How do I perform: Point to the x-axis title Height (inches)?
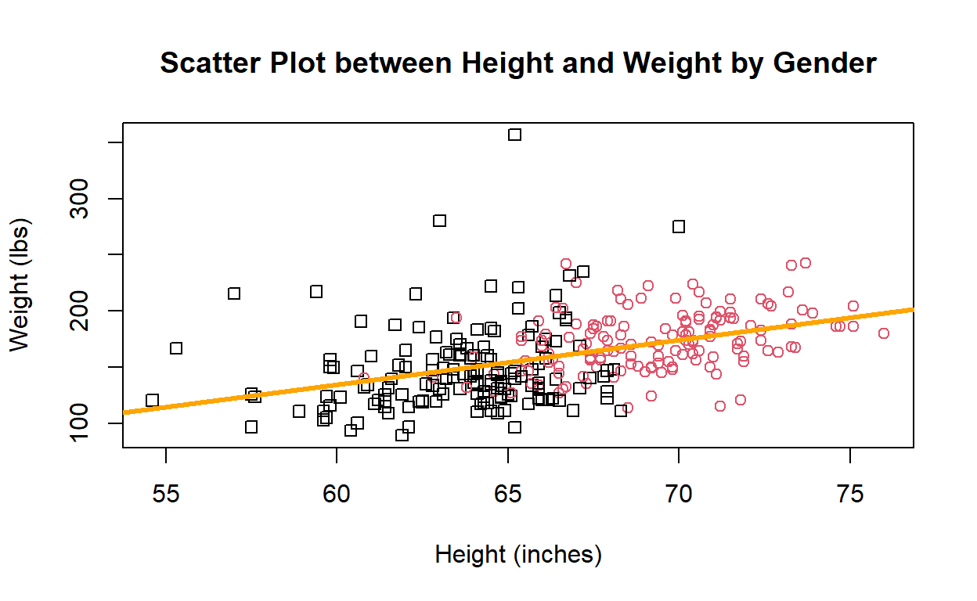pyautogui.click(x=518, y=554)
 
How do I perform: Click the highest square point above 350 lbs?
pyautogui.click(x=514, y=135)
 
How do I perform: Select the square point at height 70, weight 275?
pyautogui.click(x=679, y=226)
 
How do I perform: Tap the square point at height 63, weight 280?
pyautogui.click(x=439, y=221)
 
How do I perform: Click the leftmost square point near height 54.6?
pyautogui.click(x=152, y=400)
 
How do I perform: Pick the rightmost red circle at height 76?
pyautogui.click(x=884, y=333)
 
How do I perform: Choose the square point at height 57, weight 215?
pyautogui.click(x=234, y=293)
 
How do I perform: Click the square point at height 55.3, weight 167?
pyautogui.click(x=176, y=348)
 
